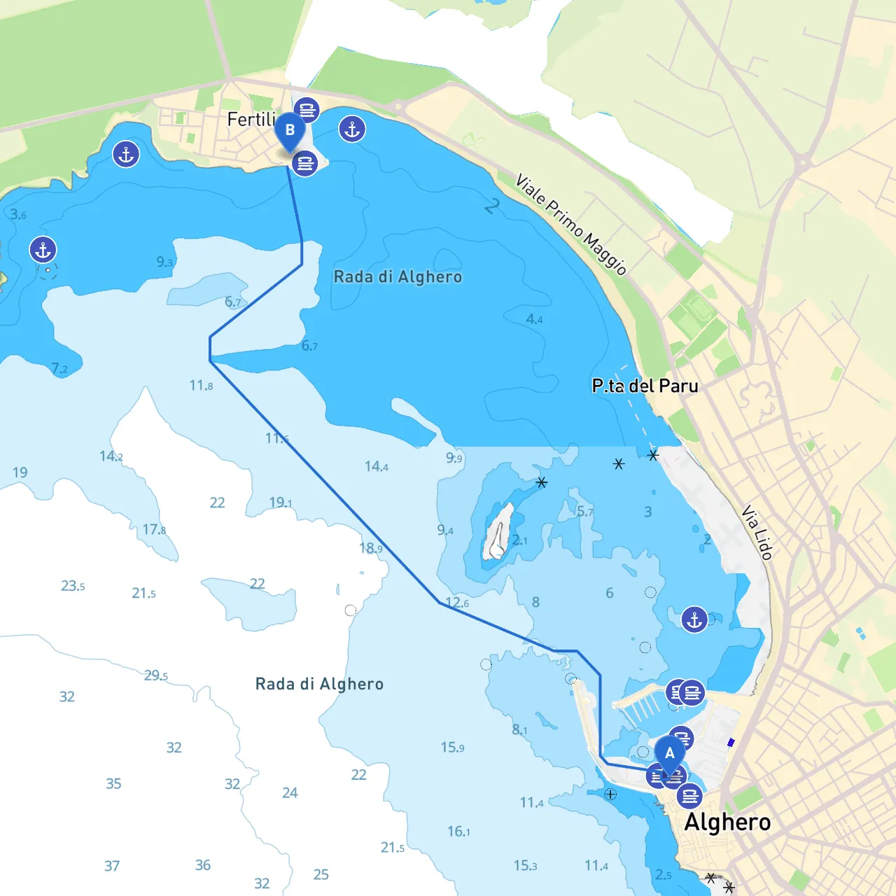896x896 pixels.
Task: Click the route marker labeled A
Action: (669, 754)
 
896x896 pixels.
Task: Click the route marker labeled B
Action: (289, 131)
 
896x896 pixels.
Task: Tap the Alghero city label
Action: (727, 822)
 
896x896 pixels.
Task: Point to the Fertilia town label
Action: (251, 120)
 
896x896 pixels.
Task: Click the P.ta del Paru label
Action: (645, 386)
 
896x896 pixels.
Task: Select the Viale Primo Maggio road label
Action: (570, 224)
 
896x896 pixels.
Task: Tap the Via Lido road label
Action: (757, 532)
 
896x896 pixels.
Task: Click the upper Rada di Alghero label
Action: (398, 277)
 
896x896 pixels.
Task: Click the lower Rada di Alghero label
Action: (319, 684)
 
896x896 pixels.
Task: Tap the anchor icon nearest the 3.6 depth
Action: (43, 249)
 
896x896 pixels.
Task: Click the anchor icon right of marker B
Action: (352, 129)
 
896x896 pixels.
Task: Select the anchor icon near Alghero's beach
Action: (694, 619)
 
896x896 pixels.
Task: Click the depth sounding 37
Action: (112, 866)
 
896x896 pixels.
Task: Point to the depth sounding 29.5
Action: (155, 675)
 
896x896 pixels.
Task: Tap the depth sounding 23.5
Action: (73, 586)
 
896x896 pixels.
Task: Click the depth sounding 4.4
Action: (534, 319)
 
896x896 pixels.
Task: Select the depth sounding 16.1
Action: (458, 831)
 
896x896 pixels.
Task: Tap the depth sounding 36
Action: (203, 865)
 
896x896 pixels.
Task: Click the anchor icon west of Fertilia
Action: (126, 154)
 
